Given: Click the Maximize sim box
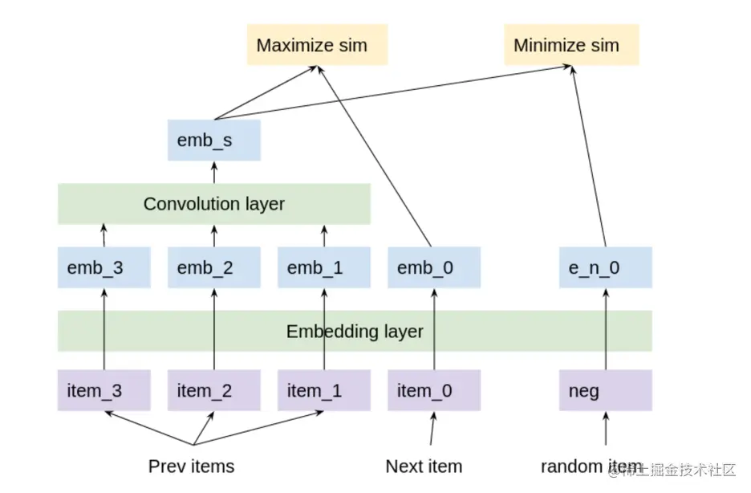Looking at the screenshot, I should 312,45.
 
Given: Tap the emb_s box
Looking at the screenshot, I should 214,141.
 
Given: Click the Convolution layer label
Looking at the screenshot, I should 214,204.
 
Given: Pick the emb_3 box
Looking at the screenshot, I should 104,267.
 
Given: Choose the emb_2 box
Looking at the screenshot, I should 214,267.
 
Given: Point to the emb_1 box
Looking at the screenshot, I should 324,267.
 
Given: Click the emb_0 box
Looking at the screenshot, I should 434,267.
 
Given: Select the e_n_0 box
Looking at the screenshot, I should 605,267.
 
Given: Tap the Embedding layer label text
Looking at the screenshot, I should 355,332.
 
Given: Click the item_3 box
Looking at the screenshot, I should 104,390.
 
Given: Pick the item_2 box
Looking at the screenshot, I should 214,390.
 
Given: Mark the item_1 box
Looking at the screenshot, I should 324,390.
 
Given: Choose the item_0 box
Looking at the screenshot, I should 434,390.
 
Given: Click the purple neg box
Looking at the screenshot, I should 605,390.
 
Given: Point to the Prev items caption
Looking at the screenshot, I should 191,466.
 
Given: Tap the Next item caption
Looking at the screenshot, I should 424,466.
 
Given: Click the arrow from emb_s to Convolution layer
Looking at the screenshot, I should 214,172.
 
